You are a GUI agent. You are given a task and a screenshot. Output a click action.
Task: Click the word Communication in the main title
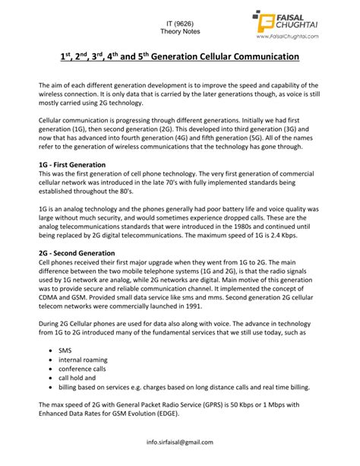tap(258, 58)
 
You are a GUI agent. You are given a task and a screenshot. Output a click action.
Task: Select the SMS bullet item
tap(65, 351)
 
